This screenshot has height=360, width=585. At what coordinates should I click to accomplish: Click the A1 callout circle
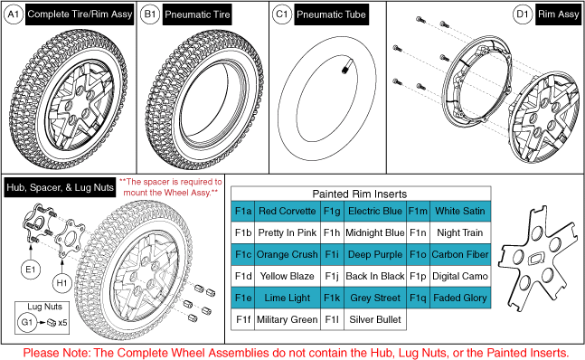pyautogui.click(x=13, y=14)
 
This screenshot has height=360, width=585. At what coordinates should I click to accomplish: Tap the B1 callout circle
pyautogui.click(x=149, y=14)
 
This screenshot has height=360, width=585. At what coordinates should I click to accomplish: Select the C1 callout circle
pyautogui.click(x=282, y=14)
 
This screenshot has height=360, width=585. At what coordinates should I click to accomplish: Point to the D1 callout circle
pyautogui.click(x=523, y=14)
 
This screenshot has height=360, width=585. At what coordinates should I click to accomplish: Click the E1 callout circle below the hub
pyautogui.click(x=31, y=270)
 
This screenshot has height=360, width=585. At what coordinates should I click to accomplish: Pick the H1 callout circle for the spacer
pyautogui.click(x=61, y=283)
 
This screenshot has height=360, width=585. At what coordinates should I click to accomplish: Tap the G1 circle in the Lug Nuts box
pyautogui.click(x=27, y=322)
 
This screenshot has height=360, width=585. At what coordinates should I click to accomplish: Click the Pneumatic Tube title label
pyautogui.click(x=331, y=14)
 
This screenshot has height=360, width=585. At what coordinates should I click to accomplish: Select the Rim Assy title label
pyautogui.click(x=558, y=14)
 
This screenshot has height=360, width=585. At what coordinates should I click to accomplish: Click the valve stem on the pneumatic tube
pyautogui.click(x=345, y=69)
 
